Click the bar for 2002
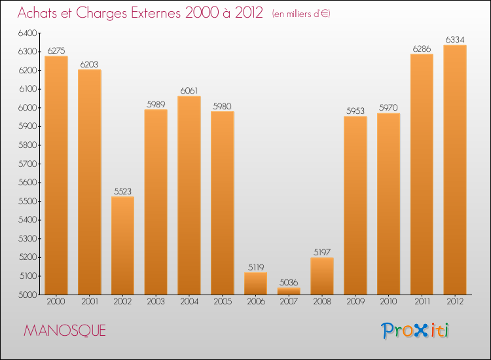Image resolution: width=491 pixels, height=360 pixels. tap(122, 245)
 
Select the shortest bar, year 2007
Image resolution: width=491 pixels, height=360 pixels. tap(289, 291)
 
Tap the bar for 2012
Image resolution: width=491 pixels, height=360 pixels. tap(455, 170)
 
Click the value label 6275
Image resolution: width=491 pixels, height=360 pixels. tap(56, 50)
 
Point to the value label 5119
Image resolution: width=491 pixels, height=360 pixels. tap(256, 267)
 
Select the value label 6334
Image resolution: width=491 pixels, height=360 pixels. tap(455, 40)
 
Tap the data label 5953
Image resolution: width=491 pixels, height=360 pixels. tap(355, 111)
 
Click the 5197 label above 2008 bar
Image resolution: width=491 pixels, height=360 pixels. tap(322, 253)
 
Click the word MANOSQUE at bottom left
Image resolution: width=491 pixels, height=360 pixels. tap(65, 331)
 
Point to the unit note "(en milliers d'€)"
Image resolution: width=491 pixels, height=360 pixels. tap(300, 14)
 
